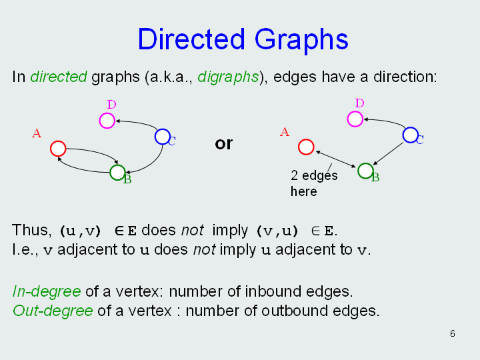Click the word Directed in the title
tap(191, 39)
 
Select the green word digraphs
tap(228, 77)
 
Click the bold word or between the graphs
tap(224, 143)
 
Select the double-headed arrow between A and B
tap(336, 159)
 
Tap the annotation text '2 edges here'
tap(314, 183)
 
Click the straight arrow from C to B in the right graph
tap(388, 154)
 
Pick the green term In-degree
tap(47, 291)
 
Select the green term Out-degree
tap(53, 311)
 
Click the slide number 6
tap(453, 333)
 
